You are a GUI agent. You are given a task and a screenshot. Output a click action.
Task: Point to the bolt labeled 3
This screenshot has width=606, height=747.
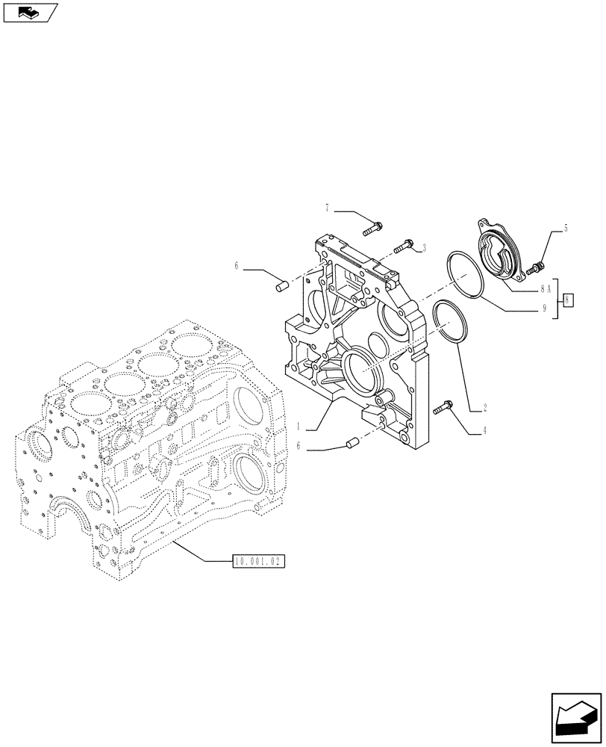pyautogui.click(x=405, y=243)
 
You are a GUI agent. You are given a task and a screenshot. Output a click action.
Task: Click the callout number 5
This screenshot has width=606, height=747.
pyautogui.click(x=566, y=229)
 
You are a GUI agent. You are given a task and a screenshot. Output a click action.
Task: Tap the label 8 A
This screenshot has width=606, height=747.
pyautogui.click(x=544, y=288)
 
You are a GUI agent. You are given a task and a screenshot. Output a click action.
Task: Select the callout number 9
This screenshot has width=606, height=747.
pyautogui.click(x=544, y=307)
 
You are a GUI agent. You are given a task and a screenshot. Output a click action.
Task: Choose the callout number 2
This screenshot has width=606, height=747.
pyautogui.click(x=484, y=408)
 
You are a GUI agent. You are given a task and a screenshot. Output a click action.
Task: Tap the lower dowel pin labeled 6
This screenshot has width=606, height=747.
pyautogui.click(x=347, y=445)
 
